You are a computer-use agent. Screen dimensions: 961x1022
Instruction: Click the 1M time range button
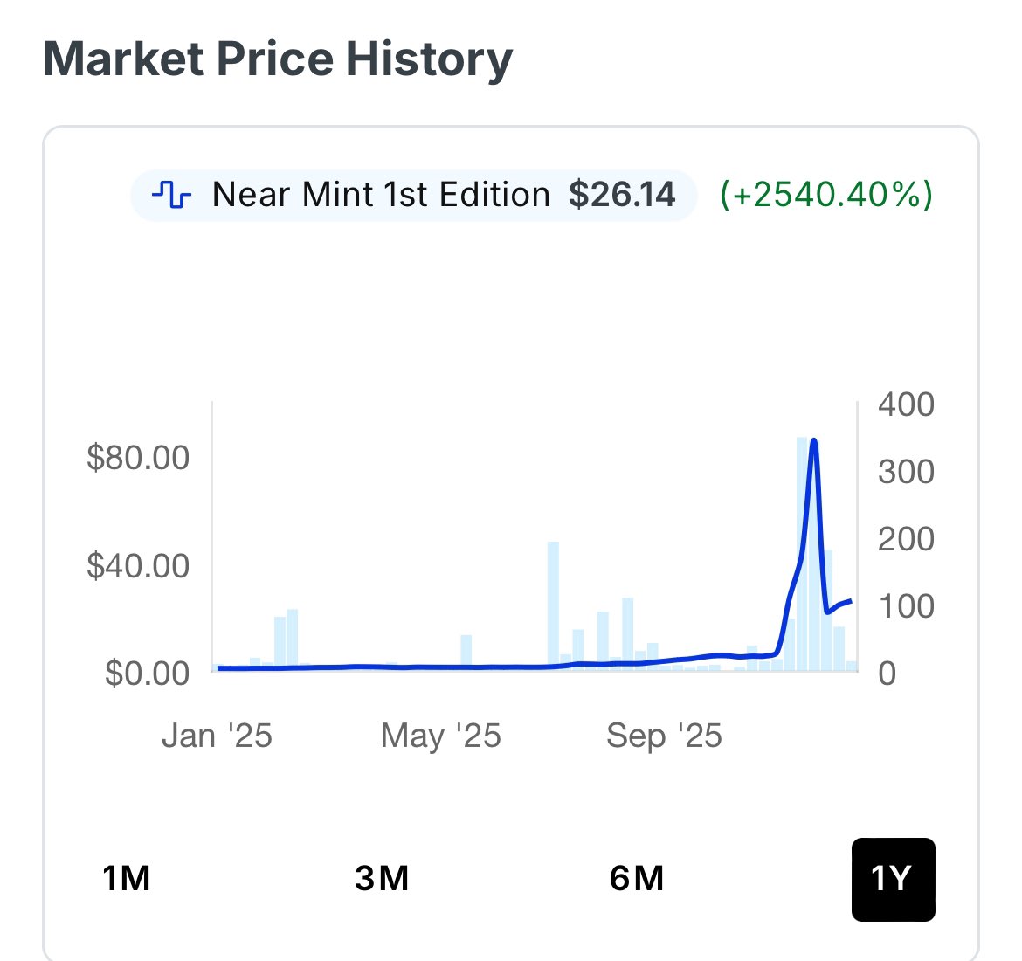click(x=127, y=878)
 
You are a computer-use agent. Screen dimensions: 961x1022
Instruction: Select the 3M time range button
click(x=382, y=878)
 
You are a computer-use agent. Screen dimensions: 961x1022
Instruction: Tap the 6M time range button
click(x=637, y=878)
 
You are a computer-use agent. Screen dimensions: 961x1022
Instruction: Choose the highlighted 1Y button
click(x=893, y=879)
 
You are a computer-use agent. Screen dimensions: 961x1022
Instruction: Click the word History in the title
click(x=430, y=59)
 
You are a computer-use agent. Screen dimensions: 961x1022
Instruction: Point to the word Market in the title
click(x=124, y=59)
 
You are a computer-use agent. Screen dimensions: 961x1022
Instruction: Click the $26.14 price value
click(x=622, y=194)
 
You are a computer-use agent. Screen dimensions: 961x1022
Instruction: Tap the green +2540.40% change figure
click(x=826, y=194)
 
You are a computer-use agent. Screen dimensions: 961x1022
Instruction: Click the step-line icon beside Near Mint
click(x=171, y=194)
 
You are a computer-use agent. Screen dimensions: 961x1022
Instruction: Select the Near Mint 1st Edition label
click(x=381, y=194)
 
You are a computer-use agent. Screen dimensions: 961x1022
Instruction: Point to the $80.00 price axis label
click(x=138, y=458)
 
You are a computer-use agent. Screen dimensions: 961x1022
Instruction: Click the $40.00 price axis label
click(x=138, y=566)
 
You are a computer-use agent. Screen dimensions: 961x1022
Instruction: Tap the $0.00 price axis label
click(x=147, y=674)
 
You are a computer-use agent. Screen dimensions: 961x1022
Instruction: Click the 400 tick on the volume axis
click(x=906, y=404)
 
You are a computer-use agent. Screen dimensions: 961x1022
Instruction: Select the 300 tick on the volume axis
click(x=906, y=472)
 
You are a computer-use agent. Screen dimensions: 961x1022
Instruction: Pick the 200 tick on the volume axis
click(x=906, y=539)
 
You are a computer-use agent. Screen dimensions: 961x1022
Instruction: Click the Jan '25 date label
click(x=217, y=736)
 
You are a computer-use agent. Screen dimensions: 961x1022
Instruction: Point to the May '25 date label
click(x=440, y=736)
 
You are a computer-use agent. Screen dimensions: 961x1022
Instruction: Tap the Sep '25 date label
click(x=664, y=736)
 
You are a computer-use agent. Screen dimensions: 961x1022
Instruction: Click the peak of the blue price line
click(x=814, y=441)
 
